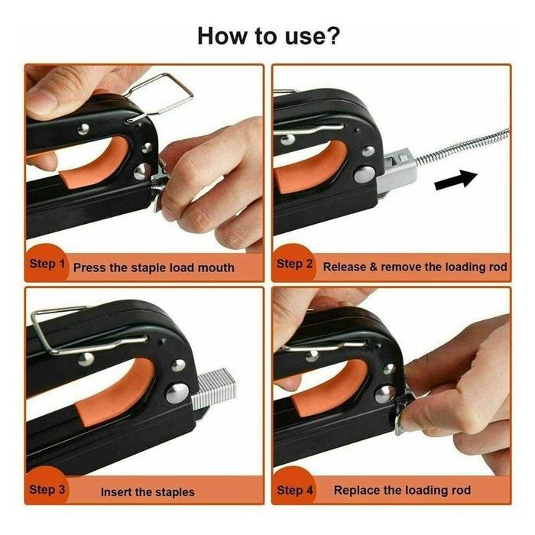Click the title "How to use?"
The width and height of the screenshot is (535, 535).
pyautogui.click(x=267, y=35)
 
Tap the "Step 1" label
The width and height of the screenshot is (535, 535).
pyautogui.click(x=47, y=264)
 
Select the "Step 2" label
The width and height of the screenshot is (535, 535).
pyautogui.click(x=294, y=264)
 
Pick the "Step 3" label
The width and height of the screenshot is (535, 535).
pyautogui.click(x=47, y=489)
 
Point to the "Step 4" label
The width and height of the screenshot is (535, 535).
pyautogui.click(x=294, y=489)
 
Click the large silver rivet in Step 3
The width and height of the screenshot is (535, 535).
pyautogui.click(x=177, y=393)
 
